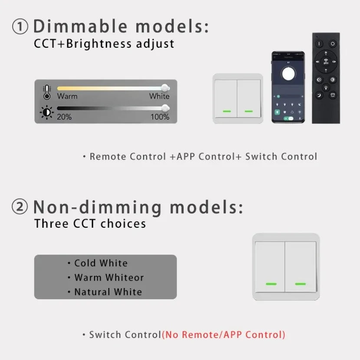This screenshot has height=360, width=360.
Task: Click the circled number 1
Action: click(x=20, y=26)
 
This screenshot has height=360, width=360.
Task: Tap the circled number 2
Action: click(x=20, y=206)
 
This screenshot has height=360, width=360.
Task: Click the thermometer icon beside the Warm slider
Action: click(x=47, y=92)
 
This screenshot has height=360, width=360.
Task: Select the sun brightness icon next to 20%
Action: click(x=47, y=112)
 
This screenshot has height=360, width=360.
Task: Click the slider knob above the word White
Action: click(x=165, y=88)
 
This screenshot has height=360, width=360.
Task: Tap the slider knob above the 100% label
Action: click(x=165, y=108)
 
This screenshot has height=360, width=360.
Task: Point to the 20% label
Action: click(x=64, y=117)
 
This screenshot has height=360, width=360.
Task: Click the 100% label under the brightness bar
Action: click(x=160, y=117)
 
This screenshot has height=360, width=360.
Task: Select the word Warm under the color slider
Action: click(x=67, y=96)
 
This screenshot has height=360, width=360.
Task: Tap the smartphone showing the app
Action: click(x=288, y=87)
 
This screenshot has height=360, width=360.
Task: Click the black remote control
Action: click(x=326, y=78)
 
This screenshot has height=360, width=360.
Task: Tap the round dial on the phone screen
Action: click(x=288, y=74)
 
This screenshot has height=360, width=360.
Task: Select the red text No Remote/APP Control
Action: click(x=224, y=335)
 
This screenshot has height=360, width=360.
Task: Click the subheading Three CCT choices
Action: click(x=90, y=224)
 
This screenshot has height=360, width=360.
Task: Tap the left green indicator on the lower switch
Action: click(x=271, y=284)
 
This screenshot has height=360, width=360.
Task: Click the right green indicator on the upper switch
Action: click(x=249, y=111)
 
